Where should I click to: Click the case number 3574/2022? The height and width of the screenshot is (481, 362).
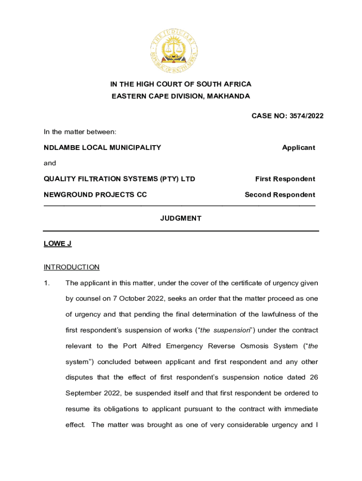(305, 116)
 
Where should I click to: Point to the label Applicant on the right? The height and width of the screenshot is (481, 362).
(299, 147)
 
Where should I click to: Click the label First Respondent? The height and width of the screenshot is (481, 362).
(285, 179)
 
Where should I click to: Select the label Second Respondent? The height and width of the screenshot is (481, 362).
(280, 194)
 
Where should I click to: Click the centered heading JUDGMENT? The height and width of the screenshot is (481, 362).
(181, 218)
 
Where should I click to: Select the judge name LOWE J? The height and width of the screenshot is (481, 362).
(57, 244)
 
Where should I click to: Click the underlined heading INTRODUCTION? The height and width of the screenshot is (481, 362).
(71, 267)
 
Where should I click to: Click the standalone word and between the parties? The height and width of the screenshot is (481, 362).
(50, 163)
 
